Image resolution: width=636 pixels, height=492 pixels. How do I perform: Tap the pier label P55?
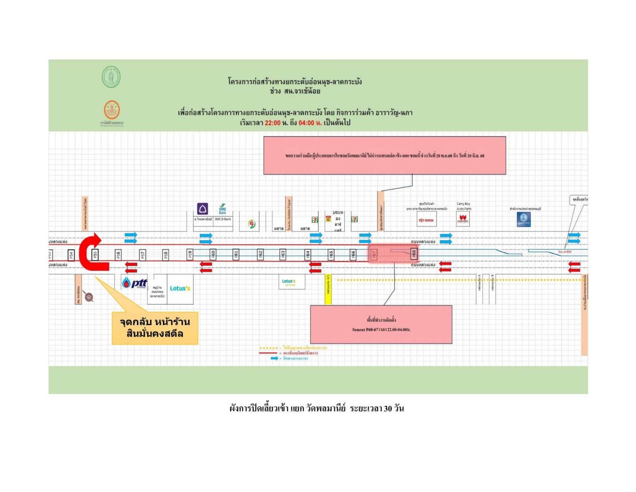tap(95, 254)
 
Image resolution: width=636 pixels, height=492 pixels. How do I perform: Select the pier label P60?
tap(213, 254)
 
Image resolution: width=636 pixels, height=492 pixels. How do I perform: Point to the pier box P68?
tap(414, 254)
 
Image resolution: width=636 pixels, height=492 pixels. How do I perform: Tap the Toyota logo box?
tap(426, 220)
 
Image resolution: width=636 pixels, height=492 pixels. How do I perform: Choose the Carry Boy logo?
tap(463, 219)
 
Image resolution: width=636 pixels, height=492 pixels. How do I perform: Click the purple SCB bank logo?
tap(202, 209)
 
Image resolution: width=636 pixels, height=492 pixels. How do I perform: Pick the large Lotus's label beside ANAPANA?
tap(180, 288)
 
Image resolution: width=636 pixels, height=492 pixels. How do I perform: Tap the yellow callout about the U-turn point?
tap(155, 328)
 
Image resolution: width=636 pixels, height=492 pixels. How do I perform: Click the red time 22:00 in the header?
tap(273, 123)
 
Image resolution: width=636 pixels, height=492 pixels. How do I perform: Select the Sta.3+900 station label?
tap(565, 252)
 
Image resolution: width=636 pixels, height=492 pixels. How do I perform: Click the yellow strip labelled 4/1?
tap(328, 289)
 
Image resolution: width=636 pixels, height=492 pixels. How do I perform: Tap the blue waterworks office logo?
tap(524, 219)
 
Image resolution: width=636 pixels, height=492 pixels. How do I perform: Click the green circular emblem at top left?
tap(111, 77)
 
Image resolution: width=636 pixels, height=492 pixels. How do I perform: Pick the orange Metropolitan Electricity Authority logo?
tap(111, 110)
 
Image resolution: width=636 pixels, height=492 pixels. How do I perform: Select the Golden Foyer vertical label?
tap(289, 213)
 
